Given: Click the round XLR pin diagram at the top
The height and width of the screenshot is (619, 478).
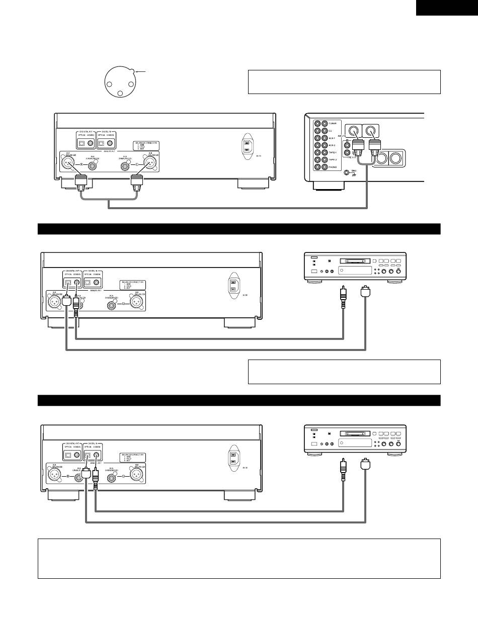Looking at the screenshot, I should coord(119,80).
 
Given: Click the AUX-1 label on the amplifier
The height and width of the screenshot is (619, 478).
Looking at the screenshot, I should coord(333,138).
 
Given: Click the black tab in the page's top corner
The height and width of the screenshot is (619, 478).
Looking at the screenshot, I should coord(447,8).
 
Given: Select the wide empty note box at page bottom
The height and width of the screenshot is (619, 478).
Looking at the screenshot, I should coord(239,558).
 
